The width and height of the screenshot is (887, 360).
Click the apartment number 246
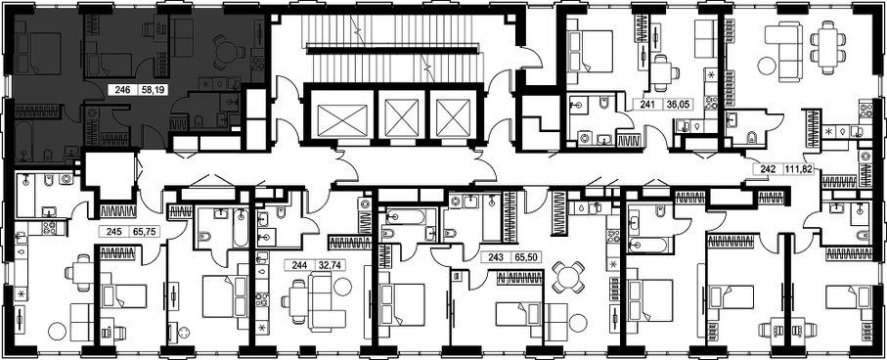coord(122,89)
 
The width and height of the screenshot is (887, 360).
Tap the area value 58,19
coord(151,89)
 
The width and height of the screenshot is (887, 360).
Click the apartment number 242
coord(769,169)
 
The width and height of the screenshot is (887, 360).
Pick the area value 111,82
coord(798,169)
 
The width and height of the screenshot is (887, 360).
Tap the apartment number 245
coord(108,231)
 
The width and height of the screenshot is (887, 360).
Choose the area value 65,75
coord(136,231)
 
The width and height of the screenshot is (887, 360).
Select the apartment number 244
coord(299,264)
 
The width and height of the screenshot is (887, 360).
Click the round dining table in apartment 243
coord(567,277)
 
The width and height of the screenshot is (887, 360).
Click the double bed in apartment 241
coord(590,50)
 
